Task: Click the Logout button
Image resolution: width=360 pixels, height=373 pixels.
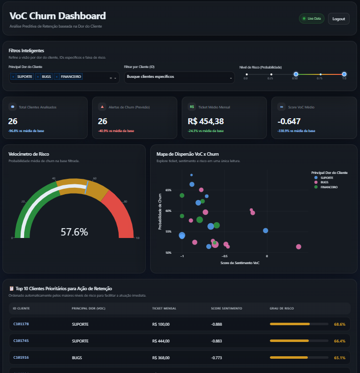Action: click(338, 19)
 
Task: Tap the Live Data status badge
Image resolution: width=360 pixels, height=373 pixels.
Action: click(312, 19)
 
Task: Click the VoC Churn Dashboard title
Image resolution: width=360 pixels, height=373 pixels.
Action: click(58, 16)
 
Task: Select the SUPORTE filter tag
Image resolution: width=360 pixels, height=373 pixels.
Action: click(25, 77)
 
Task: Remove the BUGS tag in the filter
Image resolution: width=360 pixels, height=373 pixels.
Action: click(38, 77)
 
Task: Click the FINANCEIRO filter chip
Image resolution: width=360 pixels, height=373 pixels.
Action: click(71, 77)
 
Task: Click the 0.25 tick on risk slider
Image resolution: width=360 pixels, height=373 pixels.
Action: click(270, 74)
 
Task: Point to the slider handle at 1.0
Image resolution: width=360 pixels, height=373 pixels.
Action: click(344, 74)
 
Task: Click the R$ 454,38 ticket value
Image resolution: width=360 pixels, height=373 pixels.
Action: click(206, 121)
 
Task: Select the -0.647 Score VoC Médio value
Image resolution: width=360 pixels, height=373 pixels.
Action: click(289, 121)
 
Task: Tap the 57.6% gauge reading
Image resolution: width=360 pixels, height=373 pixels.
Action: click(74, 232)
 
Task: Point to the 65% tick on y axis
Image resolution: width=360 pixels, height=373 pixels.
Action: click(168, 190)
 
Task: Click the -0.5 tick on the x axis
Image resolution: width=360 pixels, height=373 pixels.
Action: click(225, 256)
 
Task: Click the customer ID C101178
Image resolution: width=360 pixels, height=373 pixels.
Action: click(21, 324)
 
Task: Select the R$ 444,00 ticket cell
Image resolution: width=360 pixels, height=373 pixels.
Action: click(161, 341)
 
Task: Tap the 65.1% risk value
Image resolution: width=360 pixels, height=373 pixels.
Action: click(339, 358)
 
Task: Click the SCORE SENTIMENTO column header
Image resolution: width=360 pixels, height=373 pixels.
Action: click(226, 308)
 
